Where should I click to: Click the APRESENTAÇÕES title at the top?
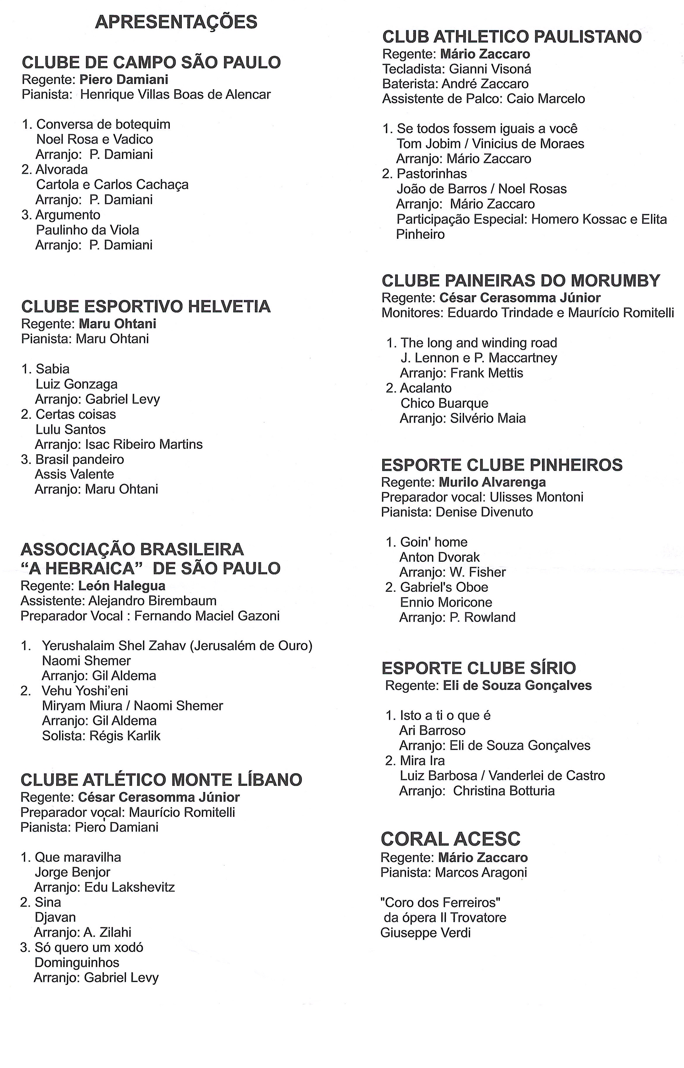click(176, 22)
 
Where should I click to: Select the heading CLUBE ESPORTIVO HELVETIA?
click(146, 306)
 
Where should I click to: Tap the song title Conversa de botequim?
click(103, 124)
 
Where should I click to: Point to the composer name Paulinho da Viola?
click(88, 230)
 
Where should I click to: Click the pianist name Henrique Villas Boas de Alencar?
click(175, 95)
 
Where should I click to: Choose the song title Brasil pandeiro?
click(80, 459)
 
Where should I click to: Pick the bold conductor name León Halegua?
click(122, 586)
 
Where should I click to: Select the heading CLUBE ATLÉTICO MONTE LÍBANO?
click(161, 780)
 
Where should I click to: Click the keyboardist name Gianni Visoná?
click(490, 69)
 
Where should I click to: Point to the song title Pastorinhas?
click(432, 174)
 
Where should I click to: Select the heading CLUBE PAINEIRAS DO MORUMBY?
click(521, 281)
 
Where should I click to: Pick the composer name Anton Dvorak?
click(439, 557)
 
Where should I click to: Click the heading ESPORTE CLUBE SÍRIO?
click(478, 668)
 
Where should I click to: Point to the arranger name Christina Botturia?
click(504, 791)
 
